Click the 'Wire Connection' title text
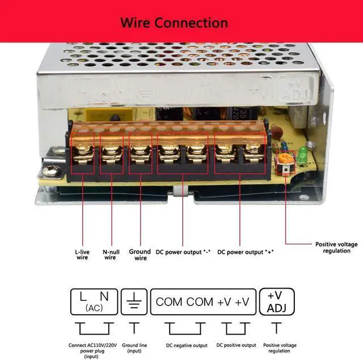[x=174, y=23]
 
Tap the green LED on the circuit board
[x=303, y=153]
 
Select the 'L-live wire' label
[x=82, y=254]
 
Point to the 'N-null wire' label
[x=110, y=254]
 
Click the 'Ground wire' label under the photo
[x=140, y=255]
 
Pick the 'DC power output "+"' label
[x=246, y=252]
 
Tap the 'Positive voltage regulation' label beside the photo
[x=336, y=248]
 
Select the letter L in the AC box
[x=83, y=296]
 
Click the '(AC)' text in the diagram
[x=94, y=308]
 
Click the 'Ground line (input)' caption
[x=134, y=348]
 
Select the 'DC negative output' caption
[x=185, y=345]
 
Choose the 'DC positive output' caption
[x=236, y=345]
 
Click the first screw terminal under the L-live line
[x=83, y=152]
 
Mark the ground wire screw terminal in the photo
[x=139, y=152]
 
